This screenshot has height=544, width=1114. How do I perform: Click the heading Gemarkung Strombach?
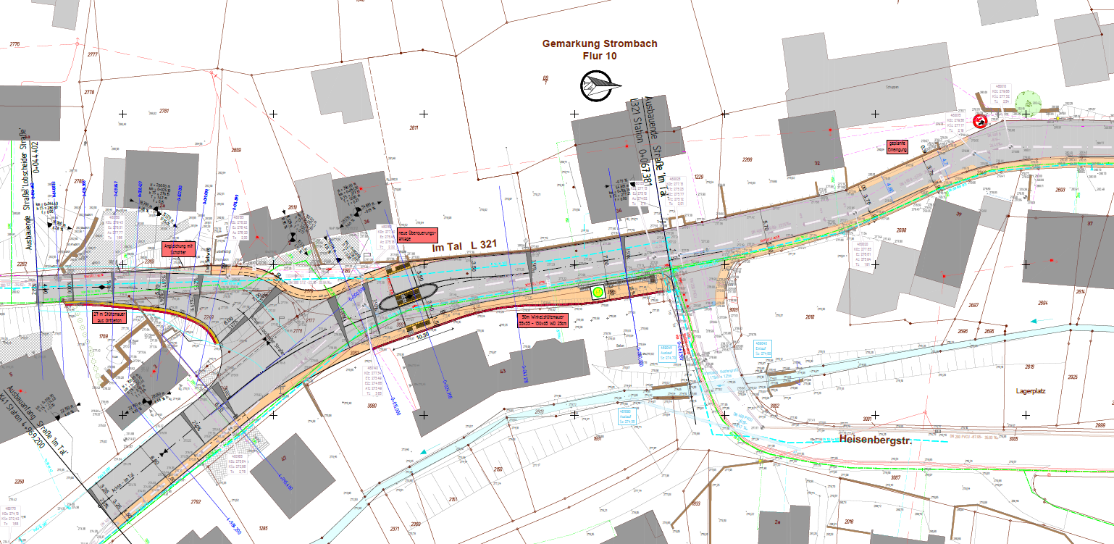(x=600, y=43)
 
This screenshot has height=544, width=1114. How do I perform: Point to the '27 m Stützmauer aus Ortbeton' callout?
(x=107, y=317)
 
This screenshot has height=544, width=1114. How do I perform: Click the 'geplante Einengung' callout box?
(x=897, y=147)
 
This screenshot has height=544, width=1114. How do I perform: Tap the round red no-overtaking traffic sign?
(x=981, y=120)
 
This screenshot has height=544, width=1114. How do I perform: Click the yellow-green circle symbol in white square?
(x=598, y=293)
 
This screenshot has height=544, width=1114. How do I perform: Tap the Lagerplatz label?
(x=1030, y=390)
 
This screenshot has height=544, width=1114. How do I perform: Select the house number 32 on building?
(x=816, y=164)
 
